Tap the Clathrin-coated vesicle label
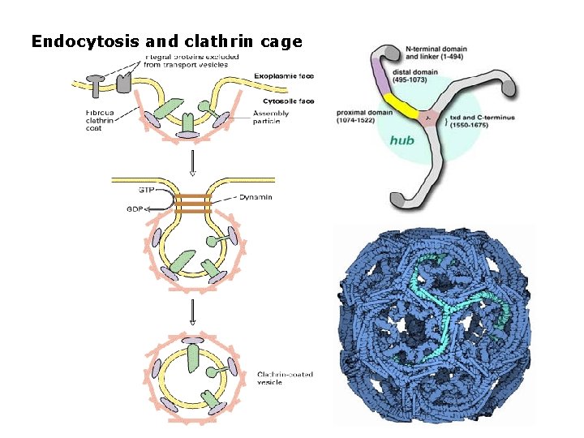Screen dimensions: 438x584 [284, 378]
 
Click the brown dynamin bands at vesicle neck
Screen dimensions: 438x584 [191, 203]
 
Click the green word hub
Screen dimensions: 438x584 [401, 140]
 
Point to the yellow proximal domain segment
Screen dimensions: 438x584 [398, 103]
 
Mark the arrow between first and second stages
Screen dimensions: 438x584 [192, 162]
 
